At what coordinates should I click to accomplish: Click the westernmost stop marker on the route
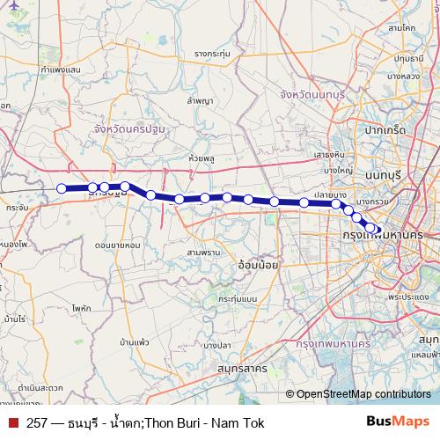pos(62,187)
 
